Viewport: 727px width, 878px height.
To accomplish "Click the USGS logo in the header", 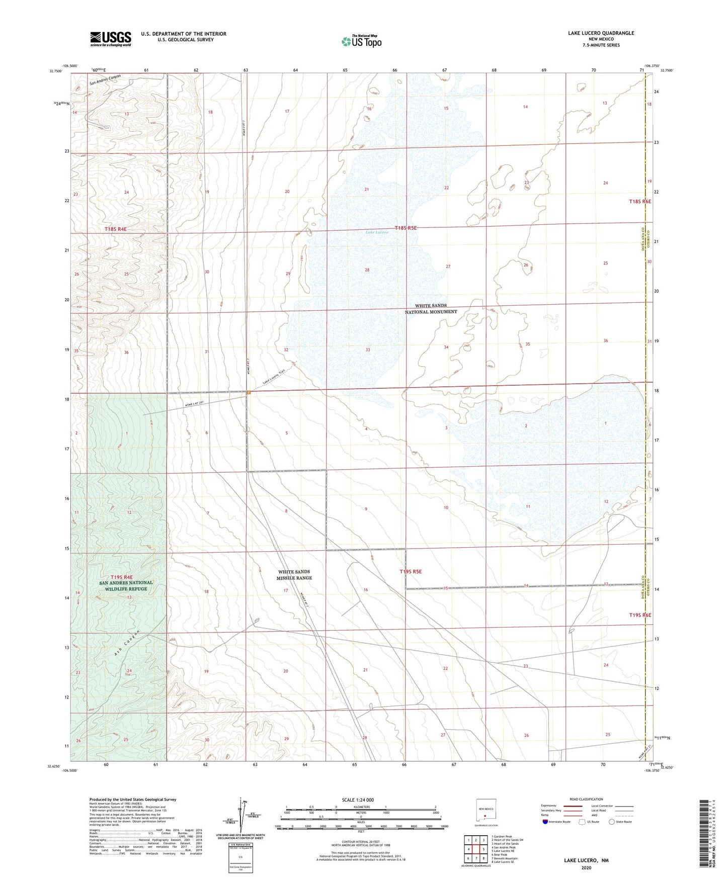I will [x=111, y=39].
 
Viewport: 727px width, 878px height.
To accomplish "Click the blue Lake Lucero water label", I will [x=377, y=232].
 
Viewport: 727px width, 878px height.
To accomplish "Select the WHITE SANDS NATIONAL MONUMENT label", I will [x=431, y=309].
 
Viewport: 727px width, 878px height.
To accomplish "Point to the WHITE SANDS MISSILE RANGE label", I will [x=295, y=575].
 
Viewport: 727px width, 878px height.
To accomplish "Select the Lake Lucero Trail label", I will [x=274, y=378].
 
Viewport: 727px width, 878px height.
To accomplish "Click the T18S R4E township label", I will [x=115, y=229].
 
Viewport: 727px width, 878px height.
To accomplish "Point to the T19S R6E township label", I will [x=640, y=615].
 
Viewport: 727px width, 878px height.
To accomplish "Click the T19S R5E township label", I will [x=411, y=571].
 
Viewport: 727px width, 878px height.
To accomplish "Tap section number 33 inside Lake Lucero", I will [x=368, y=349].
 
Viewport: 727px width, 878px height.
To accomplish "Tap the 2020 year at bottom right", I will [x=586, y=867].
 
